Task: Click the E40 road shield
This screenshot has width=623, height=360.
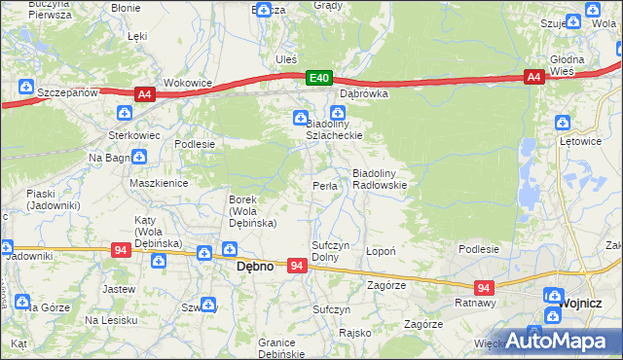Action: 319,77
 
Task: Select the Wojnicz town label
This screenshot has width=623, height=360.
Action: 591,304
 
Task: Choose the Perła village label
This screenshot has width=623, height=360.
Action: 324,185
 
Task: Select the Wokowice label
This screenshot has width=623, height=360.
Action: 188,84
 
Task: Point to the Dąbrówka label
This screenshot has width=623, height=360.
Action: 364,94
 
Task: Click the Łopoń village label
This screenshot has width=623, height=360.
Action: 380,251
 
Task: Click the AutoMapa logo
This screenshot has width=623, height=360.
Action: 565,340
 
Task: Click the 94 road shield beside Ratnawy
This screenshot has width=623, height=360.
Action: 485,288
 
